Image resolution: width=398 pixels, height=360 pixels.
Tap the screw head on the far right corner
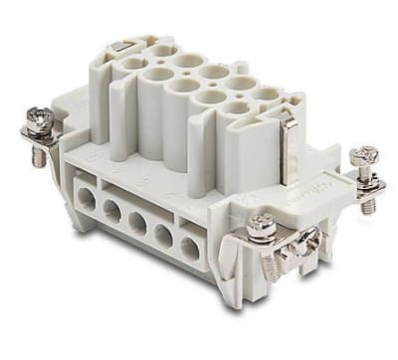(x=364, y=156)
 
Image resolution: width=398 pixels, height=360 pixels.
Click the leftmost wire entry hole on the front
(x=87, y=197)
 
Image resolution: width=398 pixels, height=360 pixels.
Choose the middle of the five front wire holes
(x=136, y=224)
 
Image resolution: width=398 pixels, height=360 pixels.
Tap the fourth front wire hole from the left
(x=162, y=237)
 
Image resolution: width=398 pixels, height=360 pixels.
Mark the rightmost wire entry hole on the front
(x=189, y=250)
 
